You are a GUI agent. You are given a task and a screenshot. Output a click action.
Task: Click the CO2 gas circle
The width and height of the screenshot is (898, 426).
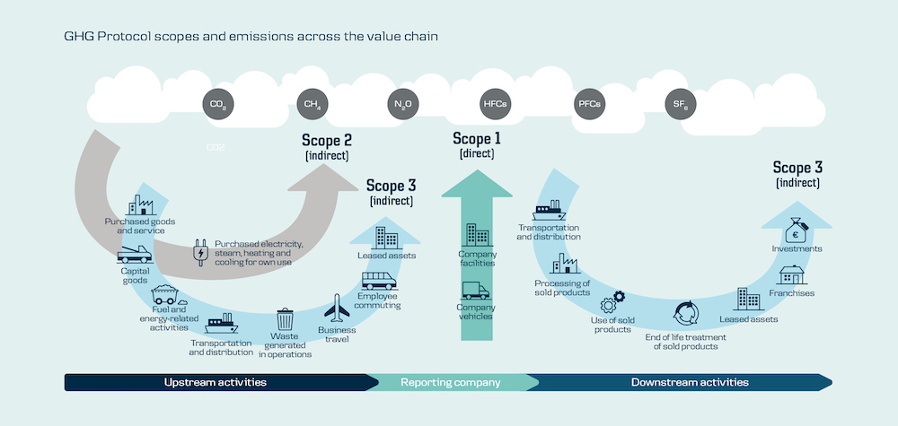(x=217, y=105)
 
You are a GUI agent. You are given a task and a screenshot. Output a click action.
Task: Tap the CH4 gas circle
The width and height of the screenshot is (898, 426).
(x=312, y=105)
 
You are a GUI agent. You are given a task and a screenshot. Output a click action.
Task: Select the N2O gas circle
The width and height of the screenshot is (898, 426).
(x=403, y=105)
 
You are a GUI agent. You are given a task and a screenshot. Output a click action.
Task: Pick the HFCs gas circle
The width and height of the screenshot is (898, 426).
(x=495, y=105)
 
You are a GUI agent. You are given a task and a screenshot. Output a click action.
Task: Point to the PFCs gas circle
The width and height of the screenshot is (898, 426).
(x=588, y=105)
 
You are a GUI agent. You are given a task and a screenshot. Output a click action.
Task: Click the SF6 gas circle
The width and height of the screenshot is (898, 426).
(x=680, y=105)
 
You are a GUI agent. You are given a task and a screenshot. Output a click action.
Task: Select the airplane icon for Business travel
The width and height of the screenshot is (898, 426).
(x=336, y=309)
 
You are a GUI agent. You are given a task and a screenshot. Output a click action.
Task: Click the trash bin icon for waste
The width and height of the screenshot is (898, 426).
(x=285, y=318)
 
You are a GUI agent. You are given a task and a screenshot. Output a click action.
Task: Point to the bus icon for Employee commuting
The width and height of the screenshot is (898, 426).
(x=379, y=280)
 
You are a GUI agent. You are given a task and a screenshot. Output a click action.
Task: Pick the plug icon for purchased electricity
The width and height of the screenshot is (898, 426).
(x=199, y=253)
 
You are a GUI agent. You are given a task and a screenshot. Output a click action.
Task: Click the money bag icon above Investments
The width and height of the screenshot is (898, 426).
(x=797, y=230)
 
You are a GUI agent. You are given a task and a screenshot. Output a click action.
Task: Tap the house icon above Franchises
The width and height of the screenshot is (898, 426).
(x=791, y=274)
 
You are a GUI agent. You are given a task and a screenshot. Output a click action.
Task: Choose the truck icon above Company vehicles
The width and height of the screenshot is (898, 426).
(x=475, y=291)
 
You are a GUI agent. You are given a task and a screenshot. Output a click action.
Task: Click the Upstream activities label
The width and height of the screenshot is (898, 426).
(x=215, y=382)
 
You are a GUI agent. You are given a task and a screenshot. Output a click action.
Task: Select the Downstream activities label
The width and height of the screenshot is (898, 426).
(x=689, y=382)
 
